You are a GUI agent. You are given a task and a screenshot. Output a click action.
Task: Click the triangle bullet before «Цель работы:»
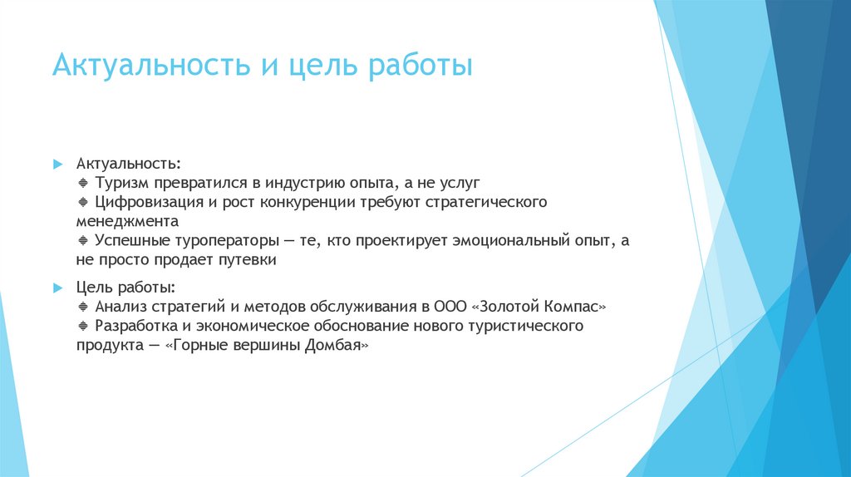[x=57, y=288]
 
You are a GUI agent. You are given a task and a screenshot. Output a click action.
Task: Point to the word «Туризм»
[x=121, y=182]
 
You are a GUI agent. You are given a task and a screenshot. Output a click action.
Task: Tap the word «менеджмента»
[x=127, y=222]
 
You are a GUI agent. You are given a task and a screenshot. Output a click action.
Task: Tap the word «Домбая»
[x=337, y=345]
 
